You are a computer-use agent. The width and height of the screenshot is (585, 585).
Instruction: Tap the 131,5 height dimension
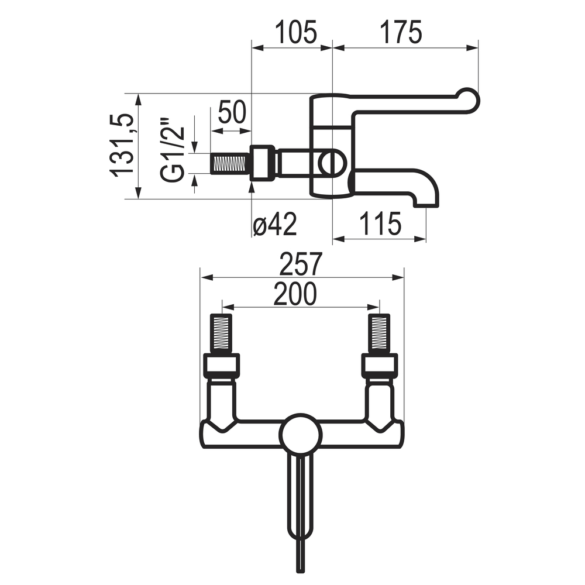[121, 146]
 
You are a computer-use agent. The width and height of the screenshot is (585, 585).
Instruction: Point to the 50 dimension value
[232, 112]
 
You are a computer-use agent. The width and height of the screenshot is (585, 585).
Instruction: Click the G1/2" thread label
[173, 151]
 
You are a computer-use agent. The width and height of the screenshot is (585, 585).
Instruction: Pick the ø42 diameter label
[275, 224]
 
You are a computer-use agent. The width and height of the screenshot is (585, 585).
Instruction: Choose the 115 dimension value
[380, 223]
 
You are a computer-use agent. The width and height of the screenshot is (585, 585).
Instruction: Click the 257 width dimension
[301, 264]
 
